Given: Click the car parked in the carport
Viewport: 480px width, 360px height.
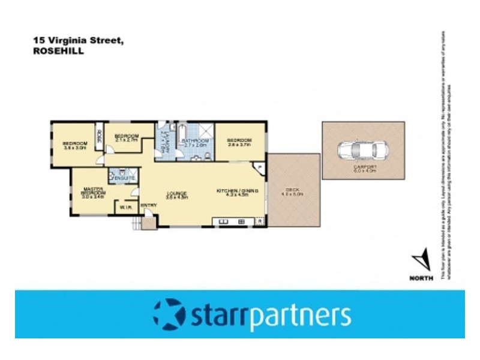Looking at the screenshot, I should coord(362,149).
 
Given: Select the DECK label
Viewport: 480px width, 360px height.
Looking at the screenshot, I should coord(293,190).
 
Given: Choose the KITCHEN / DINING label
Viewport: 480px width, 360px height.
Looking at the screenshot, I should coord(238,191).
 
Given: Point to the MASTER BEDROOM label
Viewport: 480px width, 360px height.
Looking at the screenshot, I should coord(93,190).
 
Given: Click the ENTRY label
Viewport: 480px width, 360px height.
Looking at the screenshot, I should coord(148,206).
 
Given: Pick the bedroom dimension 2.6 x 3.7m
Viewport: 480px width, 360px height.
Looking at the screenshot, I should coord(239,145).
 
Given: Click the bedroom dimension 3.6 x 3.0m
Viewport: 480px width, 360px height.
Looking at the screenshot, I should coord(76,147).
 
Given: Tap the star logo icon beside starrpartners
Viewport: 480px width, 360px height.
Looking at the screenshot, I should coord(169,314).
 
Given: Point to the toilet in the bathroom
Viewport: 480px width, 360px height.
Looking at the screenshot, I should coord(206,157).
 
